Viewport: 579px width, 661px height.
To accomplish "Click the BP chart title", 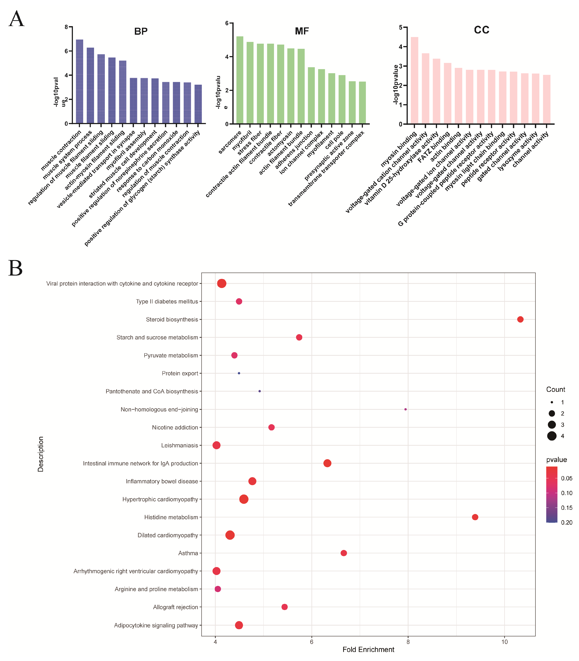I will tap(141, 31).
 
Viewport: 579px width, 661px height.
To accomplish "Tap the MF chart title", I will tap(302, 31).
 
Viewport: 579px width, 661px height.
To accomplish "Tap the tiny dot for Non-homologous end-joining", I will tap(406, 409).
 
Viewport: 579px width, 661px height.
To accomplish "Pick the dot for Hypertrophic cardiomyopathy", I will tap(244, 499).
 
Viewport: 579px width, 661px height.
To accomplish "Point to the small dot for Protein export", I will tap(239, 373).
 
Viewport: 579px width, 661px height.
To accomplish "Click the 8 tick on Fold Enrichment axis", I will tap(408, 642).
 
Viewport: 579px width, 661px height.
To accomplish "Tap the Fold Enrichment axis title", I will tap(368, 650).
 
